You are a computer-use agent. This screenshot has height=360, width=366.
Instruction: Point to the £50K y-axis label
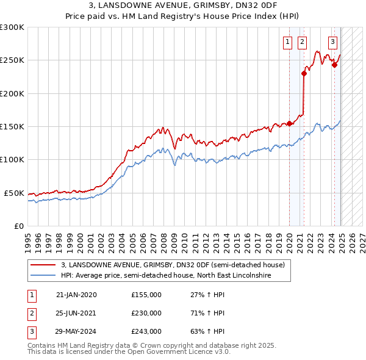tap(14, 193)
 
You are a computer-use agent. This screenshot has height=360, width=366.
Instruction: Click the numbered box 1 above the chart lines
tap(287, 42)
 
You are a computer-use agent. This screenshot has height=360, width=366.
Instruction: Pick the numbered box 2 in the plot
tap(302, 42)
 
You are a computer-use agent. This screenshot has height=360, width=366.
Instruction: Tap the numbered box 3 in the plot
tap(332, 42)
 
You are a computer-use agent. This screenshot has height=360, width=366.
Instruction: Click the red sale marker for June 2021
tap(304, 73)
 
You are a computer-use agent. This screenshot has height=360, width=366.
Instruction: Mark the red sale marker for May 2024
tap(334, 65)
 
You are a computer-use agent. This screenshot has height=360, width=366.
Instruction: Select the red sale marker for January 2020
tap(289, 123)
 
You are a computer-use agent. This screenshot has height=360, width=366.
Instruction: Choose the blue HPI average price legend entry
tap(165, 275)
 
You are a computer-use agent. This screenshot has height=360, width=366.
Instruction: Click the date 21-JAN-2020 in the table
tap(76, 295)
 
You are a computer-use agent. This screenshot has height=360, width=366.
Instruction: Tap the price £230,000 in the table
tap(146, 313)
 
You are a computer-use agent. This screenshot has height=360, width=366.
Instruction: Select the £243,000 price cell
tap(146, 331)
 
